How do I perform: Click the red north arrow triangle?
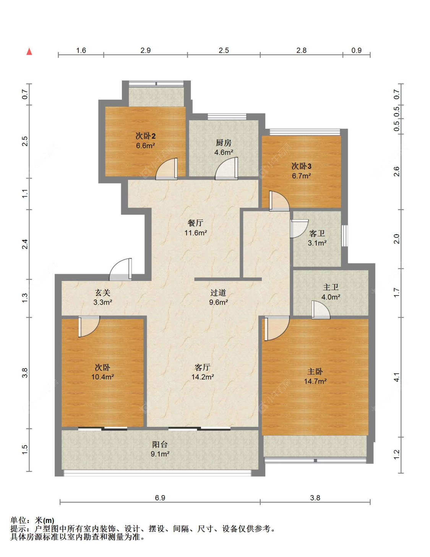tap(29, 52)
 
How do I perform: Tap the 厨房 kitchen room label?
tap(224, 143)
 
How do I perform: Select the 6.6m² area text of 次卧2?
tap(146, 145)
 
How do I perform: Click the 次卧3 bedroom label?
tap(301, 166)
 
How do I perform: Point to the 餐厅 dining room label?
tap(195, 223)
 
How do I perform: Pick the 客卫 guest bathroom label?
tap(317, 233)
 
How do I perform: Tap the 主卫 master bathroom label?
tap(331, 287)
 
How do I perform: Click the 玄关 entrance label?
tap(102, 292)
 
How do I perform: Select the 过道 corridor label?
tap(218, 292)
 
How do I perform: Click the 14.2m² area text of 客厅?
tap(203, 377)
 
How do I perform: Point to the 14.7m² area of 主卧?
tap(315, 381)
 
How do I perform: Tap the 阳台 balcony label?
tap(160, 444)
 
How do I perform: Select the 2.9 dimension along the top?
tap(146, 50)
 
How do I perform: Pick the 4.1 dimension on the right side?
tap(397, 377)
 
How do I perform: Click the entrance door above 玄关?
tap(120, 270)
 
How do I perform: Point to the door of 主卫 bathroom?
tap(321, 310)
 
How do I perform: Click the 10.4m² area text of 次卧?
tap(102, 377)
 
